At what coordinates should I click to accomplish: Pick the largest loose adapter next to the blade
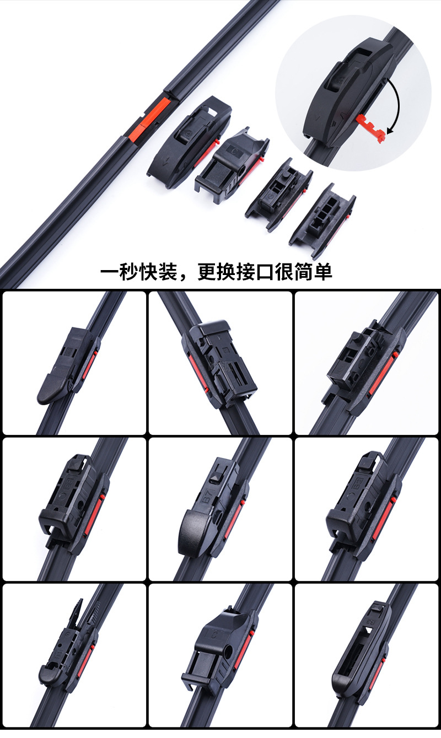(x=189, y=142)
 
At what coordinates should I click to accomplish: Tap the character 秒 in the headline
(x=128, y=272)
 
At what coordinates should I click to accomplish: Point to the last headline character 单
(x=322, y=272)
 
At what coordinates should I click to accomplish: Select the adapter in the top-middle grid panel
(x=219, y=363)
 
